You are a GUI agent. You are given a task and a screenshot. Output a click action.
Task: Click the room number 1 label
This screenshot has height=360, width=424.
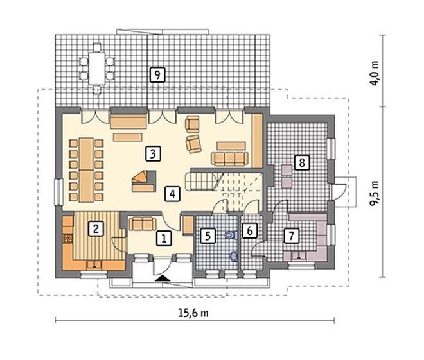pos(164,239)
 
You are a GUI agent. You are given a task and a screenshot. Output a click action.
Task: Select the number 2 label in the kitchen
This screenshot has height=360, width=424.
pos(96,228)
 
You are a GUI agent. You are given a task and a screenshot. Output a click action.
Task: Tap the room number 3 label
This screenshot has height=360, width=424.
pos(153,153)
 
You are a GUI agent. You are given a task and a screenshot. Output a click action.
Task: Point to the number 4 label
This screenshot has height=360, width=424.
pos(172,194)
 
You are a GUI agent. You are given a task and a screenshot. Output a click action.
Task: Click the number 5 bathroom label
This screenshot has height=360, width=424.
pos(208,236)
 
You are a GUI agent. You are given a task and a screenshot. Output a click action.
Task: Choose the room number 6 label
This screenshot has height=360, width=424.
pos(249,230)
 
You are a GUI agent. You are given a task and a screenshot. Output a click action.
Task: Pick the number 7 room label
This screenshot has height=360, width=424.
pos(291,236)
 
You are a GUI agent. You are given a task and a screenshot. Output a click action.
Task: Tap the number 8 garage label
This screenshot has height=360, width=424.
pos(302,162)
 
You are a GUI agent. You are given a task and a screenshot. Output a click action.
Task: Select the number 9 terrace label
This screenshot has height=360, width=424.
pos(157,74)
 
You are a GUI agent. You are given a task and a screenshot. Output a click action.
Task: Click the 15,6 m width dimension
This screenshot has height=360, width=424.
pos(193,313)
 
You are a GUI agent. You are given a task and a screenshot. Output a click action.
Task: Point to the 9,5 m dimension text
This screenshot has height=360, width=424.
pos(375,193)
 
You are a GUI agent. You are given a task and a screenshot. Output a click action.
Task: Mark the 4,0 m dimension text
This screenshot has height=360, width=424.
pos(375,73)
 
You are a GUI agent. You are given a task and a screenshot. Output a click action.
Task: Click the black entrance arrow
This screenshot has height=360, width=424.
pos(163,278)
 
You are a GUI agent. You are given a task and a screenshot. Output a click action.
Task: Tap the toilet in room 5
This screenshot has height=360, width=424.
pos(231,235)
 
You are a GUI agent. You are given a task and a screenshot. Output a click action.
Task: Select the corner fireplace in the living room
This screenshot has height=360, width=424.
pos(144,181)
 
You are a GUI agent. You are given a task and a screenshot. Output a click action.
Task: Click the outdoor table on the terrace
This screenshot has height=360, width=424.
pos(97,69)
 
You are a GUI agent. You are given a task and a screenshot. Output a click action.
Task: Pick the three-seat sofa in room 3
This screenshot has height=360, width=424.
pos(229,159)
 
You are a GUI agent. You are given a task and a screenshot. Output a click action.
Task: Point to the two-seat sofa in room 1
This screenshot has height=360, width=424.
pos(143,224)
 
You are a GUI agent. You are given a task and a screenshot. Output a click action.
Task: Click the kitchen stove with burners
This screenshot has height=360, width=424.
pos(68,239)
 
